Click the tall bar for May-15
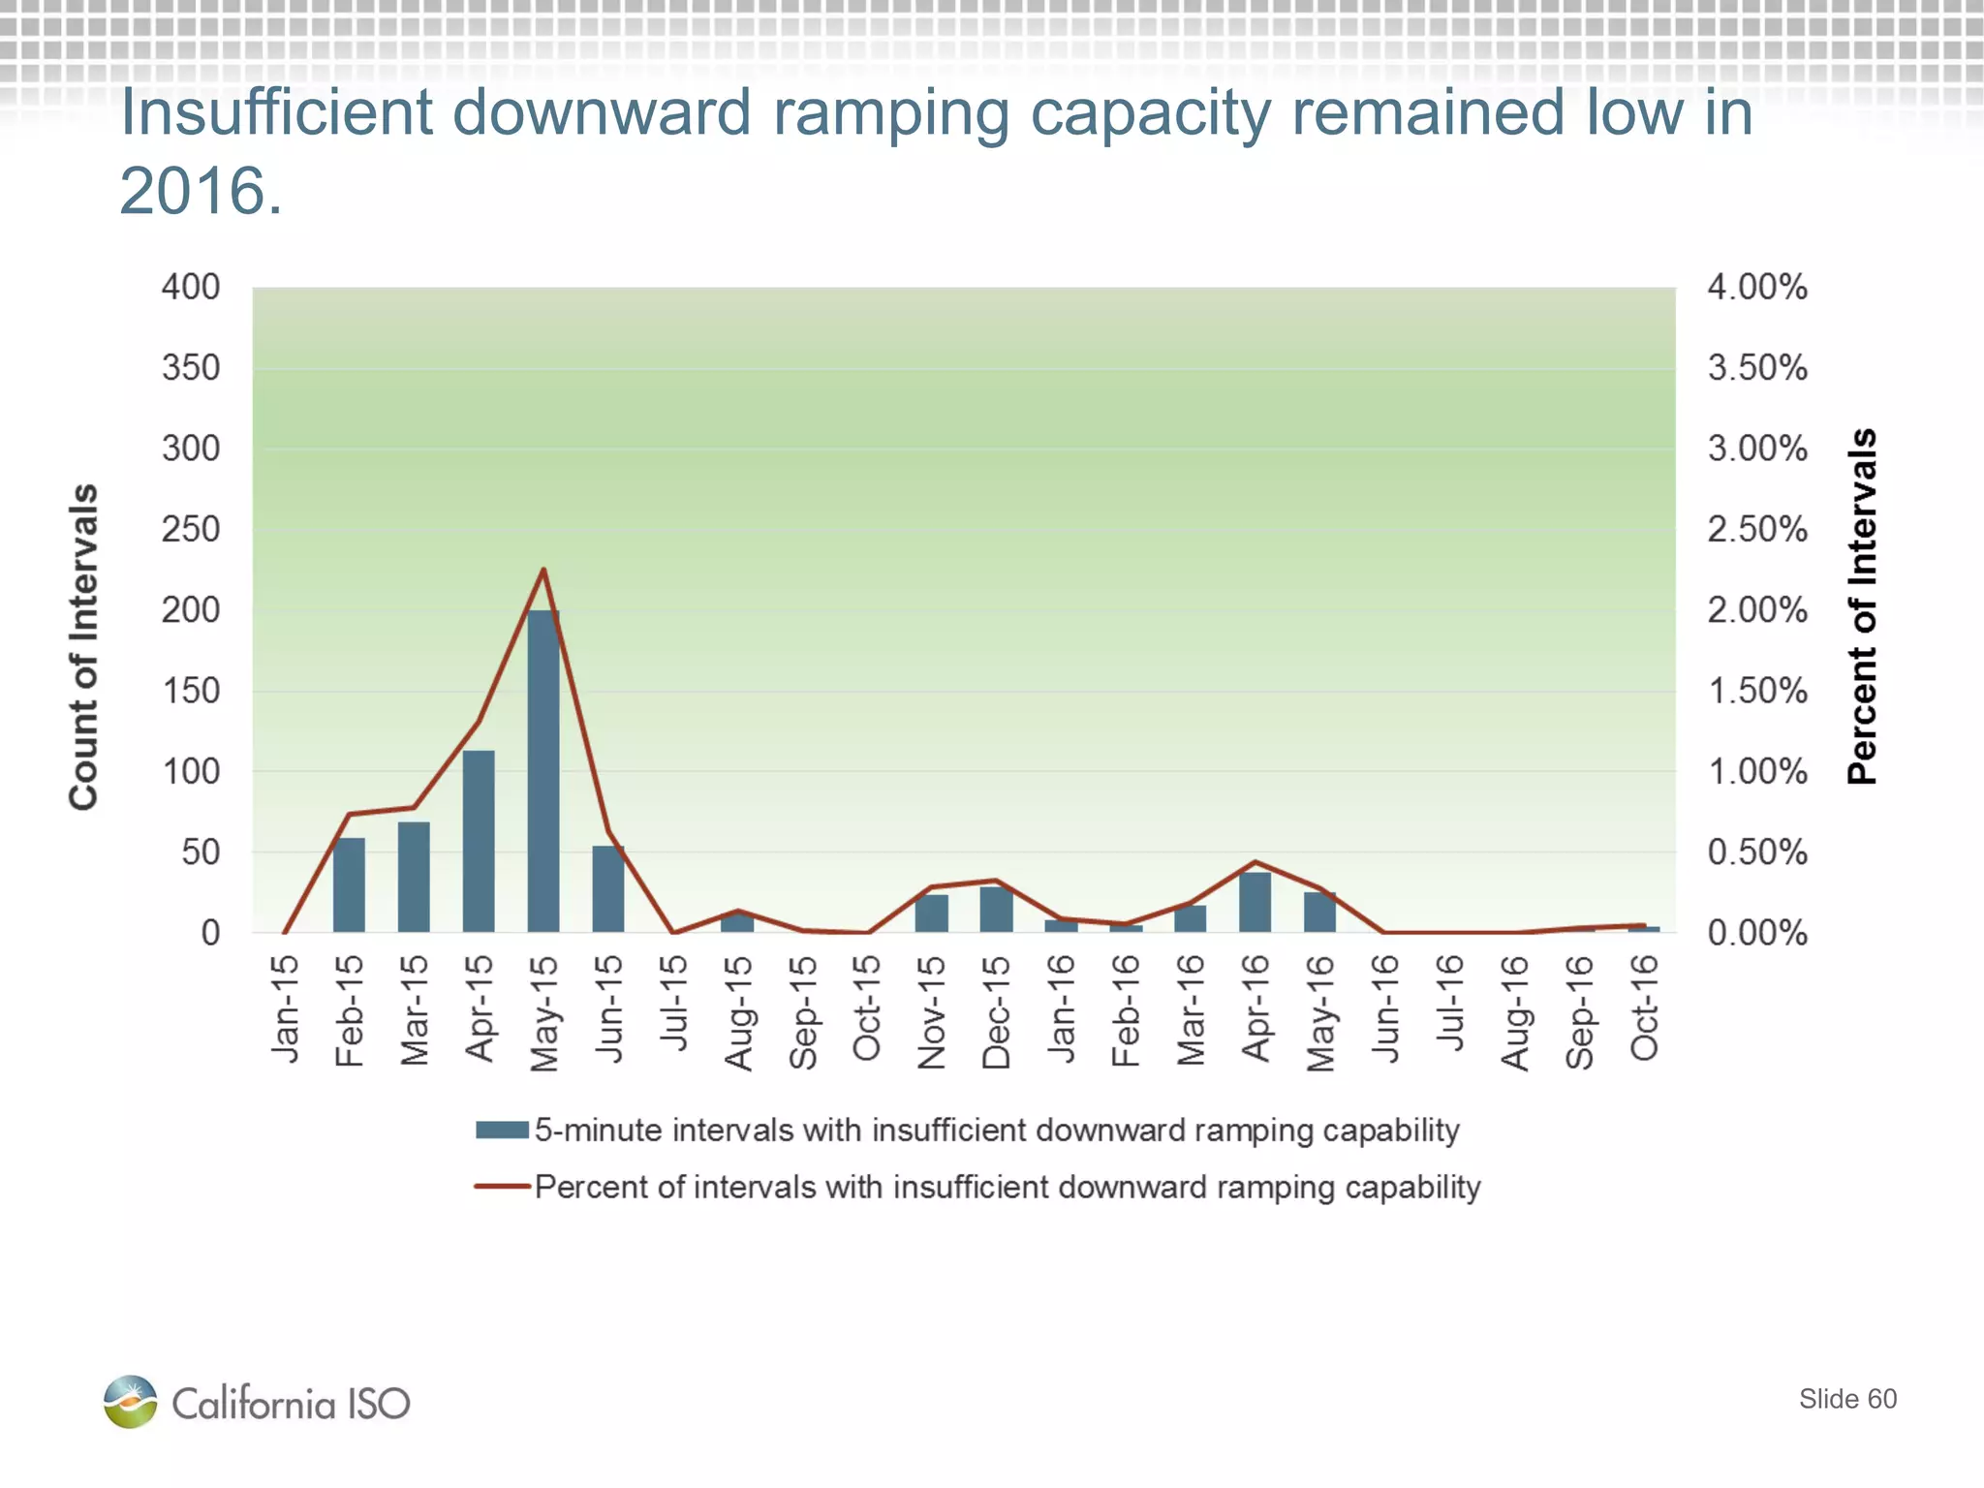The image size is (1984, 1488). coord(543,770)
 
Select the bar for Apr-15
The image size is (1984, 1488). coord(479,841)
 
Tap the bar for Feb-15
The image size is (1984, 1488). coord(349,884)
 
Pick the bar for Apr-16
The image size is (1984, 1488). coord(1255,902)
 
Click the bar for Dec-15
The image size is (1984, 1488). coord(996,910)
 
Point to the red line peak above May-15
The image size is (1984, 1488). coord(543,570)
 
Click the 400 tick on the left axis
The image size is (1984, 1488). coord(191,287)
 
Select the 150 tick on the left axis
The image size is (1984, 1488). coord(191,691)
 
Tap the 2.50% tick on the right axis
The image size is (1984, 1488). coord(1756,529)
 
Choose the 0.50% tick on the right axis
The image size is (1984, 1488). coord(1756,852)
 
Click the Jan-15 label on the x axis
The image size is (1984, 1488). coord(285,1008)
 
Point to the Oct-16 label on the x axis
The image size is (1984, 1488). coord(1645,1007)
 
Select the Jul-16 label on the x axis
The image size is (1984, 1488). coord(1450,1003)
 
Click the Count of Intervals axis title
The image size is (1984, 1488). coord(84,646)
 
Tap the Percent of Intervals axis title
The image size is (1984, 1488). coord(1862,606)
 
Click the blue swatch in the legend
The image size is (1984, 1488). coord(502,1131)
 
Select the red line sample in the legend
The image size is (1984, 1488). coord(502,1187)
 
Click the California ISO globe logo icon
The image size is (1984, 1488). coord(131,1401)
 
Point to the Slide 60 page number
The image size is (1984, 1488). coord(1847,1399)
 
